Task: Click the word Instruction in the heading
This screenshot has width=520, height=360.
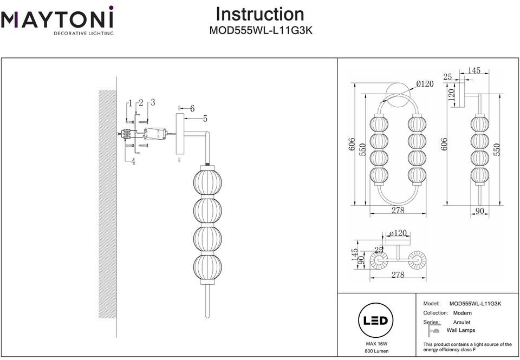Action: pos(260,14)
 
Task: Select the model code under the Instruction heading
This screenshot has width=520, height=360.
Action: pos(261,31)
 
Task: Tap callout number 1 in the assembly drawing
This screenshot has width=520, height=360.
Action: pos(130,103)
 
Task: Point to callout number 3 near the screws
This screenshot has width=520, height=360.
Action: pos(153,102)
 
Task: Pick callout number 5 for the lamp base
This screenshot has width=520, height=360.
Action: pos(205,118)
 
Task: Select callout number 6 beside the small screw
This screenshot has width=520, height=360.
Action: pos(192,108)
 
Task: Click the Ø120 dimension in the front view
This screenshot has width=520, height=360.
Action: pos(425,84)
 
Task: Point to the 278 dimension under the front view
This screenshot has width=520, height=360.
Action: pos(398,211)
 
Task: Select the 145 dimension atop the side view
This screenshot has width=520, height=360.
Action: pos(474,70)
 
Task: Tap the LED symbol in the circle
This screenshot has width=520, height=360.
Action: pos(376,321)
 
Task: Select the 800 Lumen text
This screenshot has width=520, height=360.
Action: pos(376,352)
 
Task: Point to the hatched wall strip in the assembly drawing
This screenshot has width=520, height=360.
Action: pos(107,203)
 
